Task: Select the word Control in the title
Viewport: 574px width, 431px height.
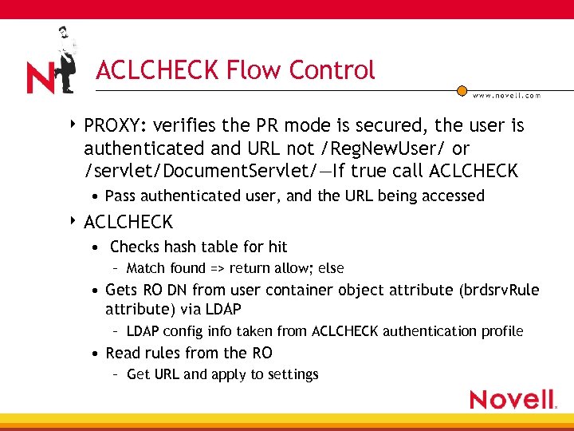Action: pos(332,70)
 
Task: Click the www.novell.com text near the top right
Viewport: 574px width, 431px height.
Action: pos(506,95)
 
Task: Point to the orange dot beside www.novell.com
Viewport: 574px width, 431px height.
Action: pos(462,91)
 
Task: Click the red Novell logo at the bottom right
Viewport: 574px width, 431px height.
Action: pos(513,399)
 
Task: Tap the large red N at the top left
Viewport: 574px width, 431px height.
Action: pos(40,78)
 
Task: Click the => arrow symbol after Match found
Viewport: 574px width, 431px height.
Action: pos(218,268)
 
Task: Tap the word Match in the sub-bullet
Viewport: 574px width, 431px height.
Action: pos(144,268)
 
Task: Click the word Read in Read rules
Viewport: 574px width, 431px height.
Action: pos(123,353)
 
